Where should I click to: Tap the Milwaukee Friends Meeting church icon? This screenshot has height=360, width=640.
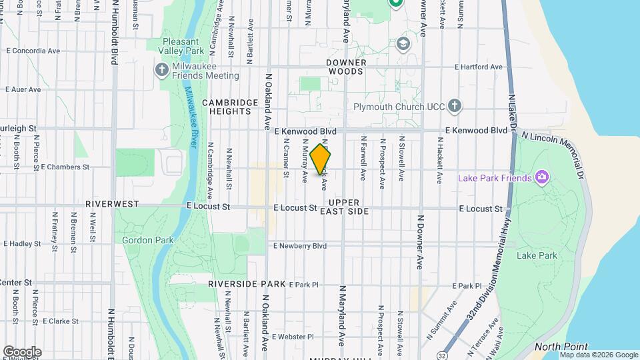(162, 70)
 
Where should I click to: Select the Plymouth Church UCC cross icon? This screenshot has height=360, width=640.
(454, 106)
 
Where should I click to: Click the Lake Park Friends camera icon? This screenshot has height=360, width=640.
(542, 177)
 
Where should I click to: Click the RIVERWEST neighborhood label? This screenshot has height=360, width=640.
(111, 203)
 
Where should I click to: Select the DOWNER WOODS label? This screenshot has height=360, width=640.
(345, 66)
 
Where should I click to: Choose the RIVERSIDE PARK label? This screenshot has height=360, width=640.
(246, 283)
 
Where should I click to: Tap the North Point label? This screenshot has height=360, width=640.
(561, 347)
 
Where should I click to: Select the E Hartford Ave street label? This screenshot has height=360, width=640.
(478, 67)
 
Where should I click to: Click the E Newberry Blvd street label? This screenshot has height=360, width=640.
(300, 245)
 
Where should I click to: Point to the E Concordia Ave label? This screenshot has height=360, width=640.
(33, 50)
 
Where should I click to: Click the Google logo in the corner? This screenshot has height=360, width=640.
(22, 351)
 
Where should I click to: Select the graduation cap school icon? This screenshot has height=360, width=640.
(403, 44)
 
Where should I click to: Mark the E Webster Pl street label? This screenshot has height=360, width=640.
(292, 337)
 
